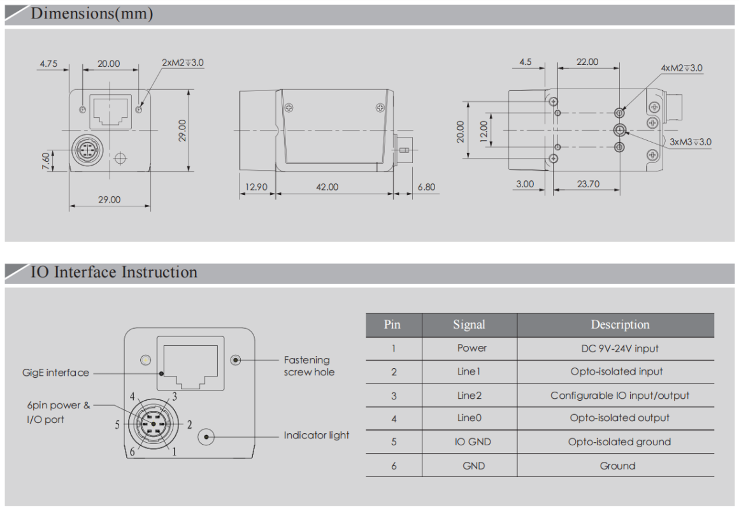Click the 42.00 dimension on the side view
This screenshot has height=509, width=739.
[x=327, y=187]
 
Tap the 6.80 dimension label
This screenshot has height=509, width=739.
[x=426, y=187]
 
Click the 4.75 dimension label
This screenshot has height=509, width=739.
[x=49, y=64]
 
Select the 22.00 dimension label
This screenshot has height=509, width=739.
[x=587, y=62]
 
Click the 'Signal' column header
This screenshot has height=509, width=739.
[x=469, y=325]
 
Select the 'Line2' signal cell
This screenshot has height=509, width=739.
[x=470, y=396]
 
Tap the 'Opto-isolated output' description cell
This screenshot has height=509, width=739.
[x=619, y=418]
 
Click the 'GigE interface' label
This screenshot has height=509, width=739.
[x=55, y=373]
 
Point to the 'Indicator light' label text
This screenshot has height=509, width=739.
[x=317, y=436]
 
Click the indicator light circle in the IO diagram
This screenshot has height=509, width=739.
[x=206, y=436]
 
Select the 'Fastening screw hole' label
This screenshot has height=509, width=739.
[x=308, y=366]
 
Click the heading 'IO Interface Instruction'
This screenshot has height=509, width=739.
[x=114, y=273]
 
